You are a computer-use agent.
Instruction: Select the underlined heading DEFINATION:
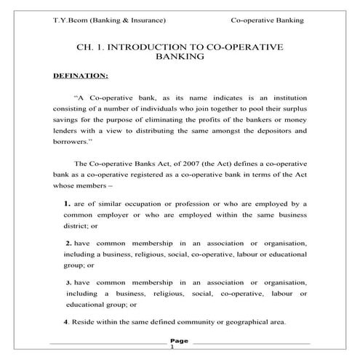click(81, 75)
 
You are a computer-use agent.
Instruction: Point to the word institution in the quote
click(289, 97)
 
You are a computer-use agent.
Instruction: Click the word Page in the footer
click(179, 340)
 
